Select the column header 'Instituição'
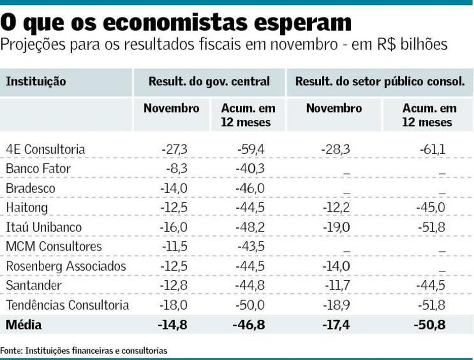click(36, 82)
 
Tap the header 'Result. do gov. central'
click(209, 82)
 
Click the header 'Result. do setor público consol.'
click(380, 82)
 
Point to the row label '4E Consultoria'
click(45, 149)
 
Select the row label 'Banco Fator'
click(38, 169)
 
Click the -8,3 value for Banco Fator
click(177, 169)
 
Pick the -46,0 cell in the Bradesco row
click(251, 188)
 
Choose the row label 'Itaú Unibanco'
click(44, 227)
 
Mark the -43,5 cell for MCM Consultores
click(251, 247)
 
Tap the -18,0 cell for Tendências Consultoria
click(174, 305)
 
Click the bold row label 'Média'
click(24, 325)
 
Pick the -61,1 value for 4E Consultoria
click(433, 149)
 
